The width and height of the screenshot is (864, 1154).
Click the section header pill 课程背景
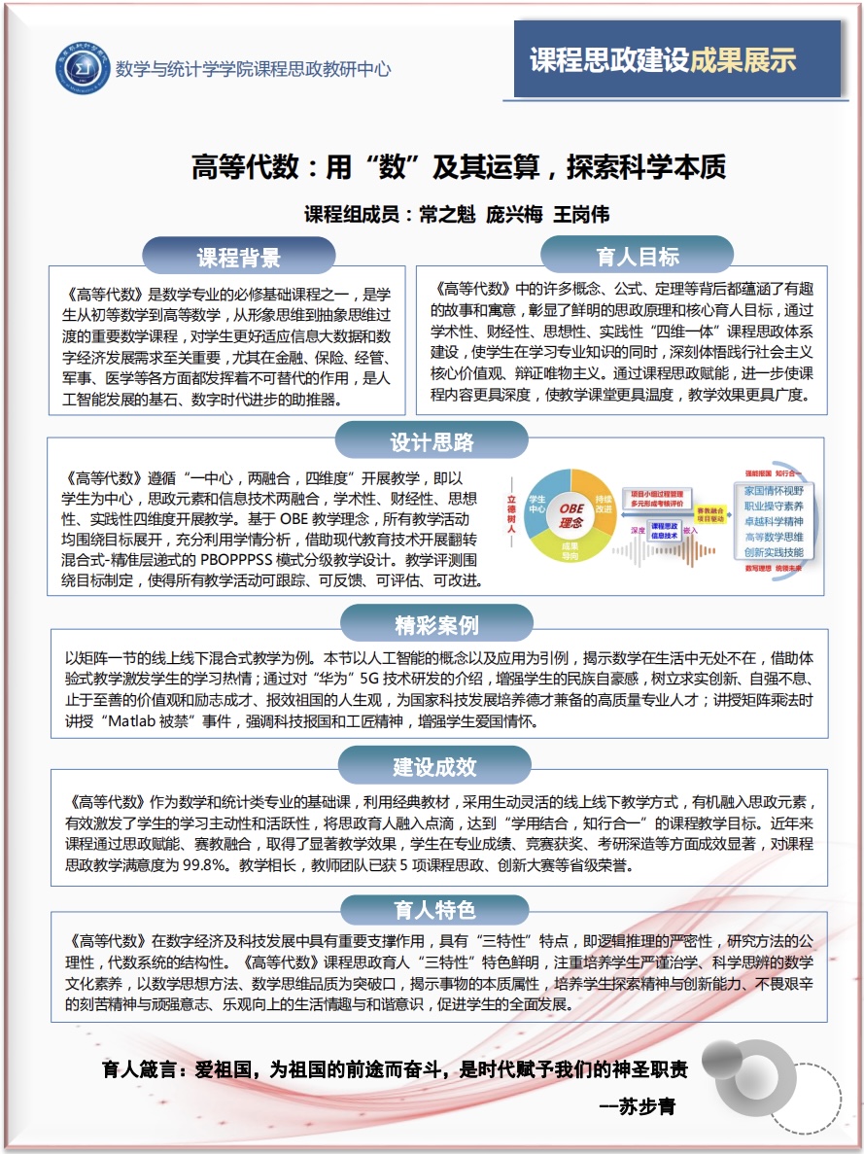click(239, 258)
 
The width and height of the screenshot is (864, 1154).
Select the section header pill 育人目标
click(638, 257)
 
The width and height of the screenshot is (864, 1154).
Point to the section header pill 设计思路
click(432, 442)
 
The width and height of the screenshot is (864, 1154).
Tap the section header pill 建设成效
click(434, 767)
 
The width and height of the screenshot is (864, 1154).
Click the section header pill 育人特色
click(434, 909)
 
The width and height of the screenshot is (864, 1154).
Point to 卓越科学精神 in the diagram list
click(774, 521)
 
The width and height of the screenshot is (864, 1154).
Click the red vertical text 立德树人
click(511, 516)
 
